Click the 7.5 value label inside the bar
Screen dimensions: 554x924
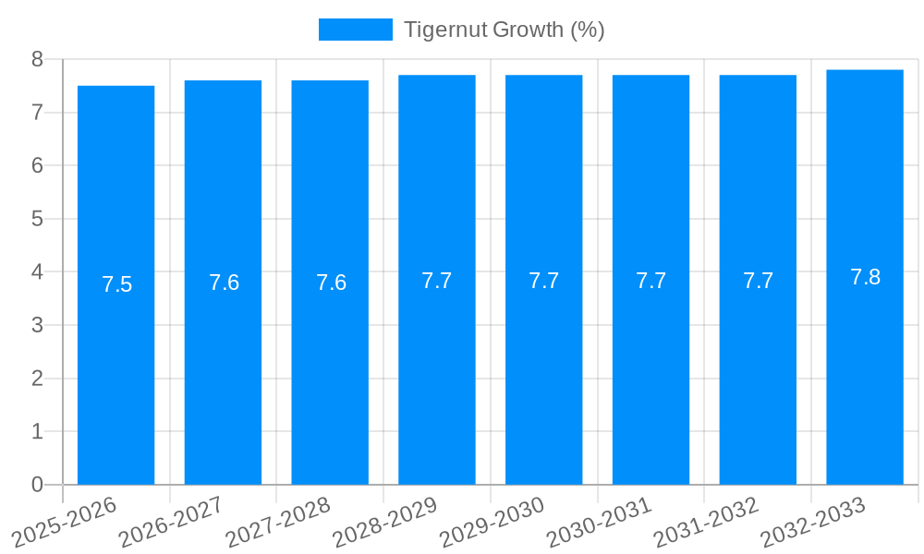point(117,284)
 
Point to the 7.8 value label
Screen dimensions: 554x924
point(865,277)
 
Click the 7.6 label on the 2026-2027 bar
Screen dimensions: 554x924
point(224,283)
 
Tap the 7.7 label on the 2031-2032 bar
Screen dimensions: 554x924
point(758,281)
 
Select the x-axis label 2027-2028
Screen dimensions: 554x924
point(278,522)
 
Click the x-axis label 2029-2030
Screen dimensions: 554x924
point(492,522)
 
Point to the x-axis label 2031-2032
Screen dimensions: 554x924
point(706,522)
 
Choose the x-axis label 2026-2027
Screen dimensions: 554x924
point(171,522)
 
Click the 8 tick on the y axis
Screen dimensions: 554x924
point(38,59)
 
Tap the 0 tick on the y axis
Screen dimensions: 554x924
point(38,485)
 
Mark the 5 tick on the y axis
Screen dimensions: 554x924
point(38,219)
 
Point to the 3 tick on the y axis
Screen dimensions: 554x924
point(38,325)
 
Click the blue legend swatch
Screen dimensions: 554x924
point(355,30)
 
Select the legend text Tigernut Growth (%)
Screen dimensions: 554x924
point(505,30)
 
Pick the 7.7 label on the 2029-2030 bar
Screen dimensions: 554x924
point(543,281)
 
